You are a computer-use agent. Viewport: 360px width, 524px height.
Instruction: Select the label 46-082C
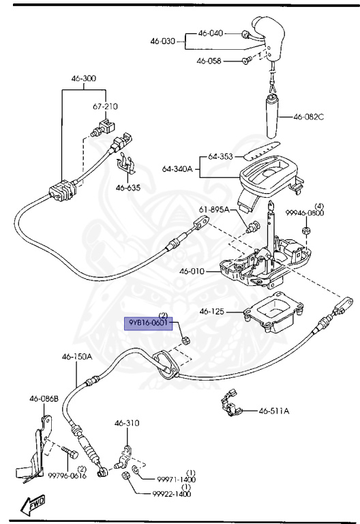309,117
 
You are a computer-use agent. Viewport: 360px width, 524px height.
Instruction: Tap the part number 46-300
83,78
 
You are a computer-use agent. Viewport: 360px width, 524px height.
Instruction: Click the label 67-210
105,106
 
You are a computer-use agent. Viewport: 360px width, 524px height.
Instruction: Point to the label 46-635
128,188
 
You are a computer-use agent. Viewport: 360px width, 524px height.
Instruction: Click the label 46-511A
274,411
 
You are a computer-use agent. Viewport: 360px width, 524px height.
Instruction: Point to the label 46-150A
77,356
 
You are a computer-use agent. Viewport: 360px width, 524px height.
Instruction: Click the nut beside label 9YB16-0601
185,340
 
